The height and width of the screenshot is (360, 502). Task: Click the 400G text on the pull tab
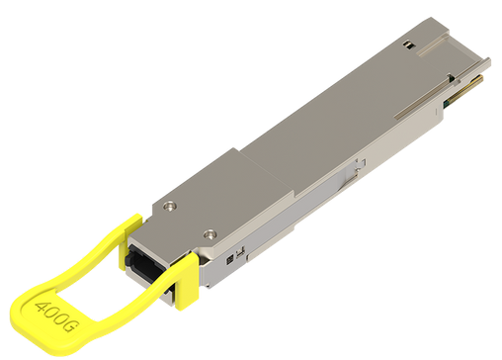click(x=56, y=316)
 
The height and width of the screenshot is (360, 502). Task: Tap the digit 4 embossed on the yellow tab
click(x=42, y=308)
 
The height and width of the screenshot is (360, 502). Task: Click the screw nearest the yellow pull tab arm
click(x=170, y=206)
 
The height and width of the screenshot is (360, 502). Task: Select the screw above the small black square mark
click(x=209, y=234)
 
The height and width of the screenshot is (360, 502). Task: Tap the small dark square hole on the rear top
click(x=408, y=45)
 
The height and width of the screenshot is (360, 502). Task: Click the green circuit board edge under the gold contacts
click(x=448, y=104)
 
